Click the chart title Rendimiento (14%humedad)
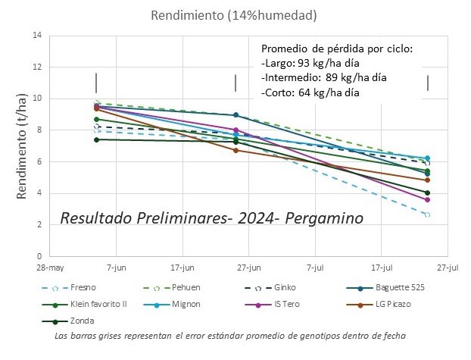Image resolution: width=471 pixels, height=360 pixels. [234, 15]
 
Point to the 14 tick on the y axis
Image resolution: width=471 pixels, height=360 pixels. [36, 35]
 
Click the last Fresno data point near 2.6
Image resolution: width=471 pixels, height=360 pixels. [427, 214]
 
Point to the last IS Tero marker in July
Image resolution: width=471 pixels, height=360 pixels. [427, 199]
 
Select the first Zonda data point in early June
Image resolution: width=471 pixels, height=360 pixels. [96, 139]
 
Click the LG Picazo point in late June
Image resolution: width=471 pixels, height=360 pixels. [235, 150]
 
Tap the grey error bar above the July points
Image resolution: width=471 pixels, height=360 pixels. [428, 83]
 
